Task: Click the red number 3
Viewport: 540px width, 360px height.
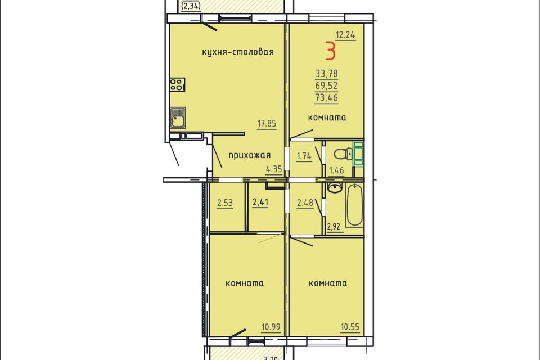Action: pos(330,51)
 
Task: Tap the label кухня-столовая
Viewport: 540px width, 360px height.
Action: pos(238,52)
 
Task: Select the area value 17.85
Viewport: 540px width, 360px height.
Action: pos(267,123)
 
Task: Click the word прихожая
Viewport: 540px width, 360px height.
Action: pos(250,155)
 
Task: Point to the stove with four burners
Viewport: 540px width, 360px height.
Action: pos(177,84)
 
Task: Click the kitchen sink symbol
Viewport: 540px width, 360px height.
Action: pos(178,118)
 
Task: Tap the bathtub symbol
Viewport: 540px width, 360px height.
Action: pos(355,205)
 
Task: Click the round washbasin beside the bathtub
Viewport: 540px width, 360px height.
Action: pos(334,188)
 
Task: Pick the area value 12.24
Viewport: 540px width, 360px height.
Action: pos(345,35)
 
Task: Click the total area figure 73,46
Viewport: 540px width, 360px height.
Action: pos(326,97)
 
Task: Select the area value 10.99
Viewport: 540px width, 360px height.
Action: pos(271,327)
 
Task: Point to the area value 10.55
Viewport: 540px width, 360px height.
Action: pos(350,327)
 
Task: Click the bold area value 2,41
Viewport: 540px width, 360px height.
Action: pos(260,202)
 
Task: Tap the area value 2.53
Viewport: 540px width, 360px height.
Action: pos(225,202)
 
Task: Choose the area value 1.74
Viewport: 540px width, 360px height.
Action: pos(304,156)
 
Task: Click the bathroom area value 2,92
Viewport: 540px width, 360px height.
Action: pos(334,226)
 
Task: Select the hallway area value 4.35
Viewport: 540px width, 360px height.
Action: pos(274,169)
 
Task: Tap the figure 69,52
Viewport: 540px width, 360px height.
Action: pos(326,85)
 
